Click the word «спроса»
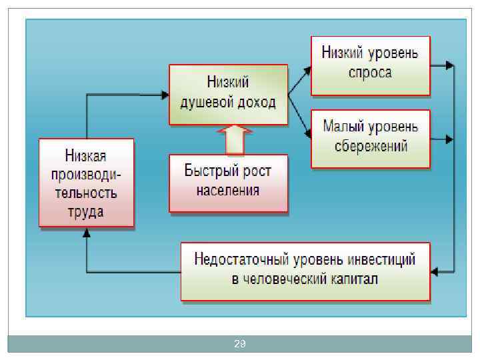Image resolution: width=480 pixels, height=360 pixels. pyautogui.click(x=370, y=72)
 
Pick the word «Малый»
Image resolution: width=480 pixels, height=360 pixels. pyautogui.click(x=343, y=125)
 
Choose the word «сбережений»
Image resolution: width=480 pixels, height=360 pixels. pyautogui.click(x=370, y=145)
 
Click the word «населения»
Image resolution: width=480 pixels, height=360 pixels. pyautogui.click(x=228, y=190)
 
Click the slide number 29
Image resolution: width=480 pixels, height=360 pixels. pyautogui.click(x=240, y=344)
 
